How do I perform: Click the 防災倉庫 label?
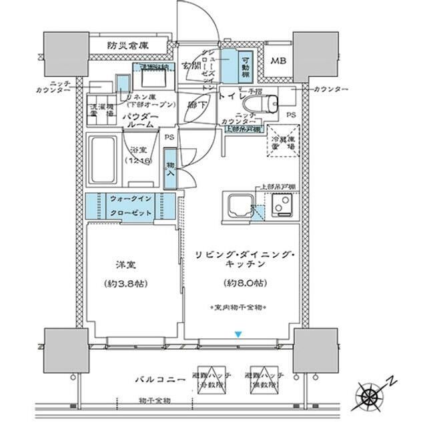(x=128, y=46)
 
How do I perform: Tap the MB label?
(x=278, y=61)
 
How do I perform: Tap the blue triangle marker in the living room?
(x=238, y=334)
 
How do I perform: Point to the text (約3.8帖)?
(x=125, y=283)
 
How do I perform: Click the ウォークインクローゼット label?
(x=131, y=205)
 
